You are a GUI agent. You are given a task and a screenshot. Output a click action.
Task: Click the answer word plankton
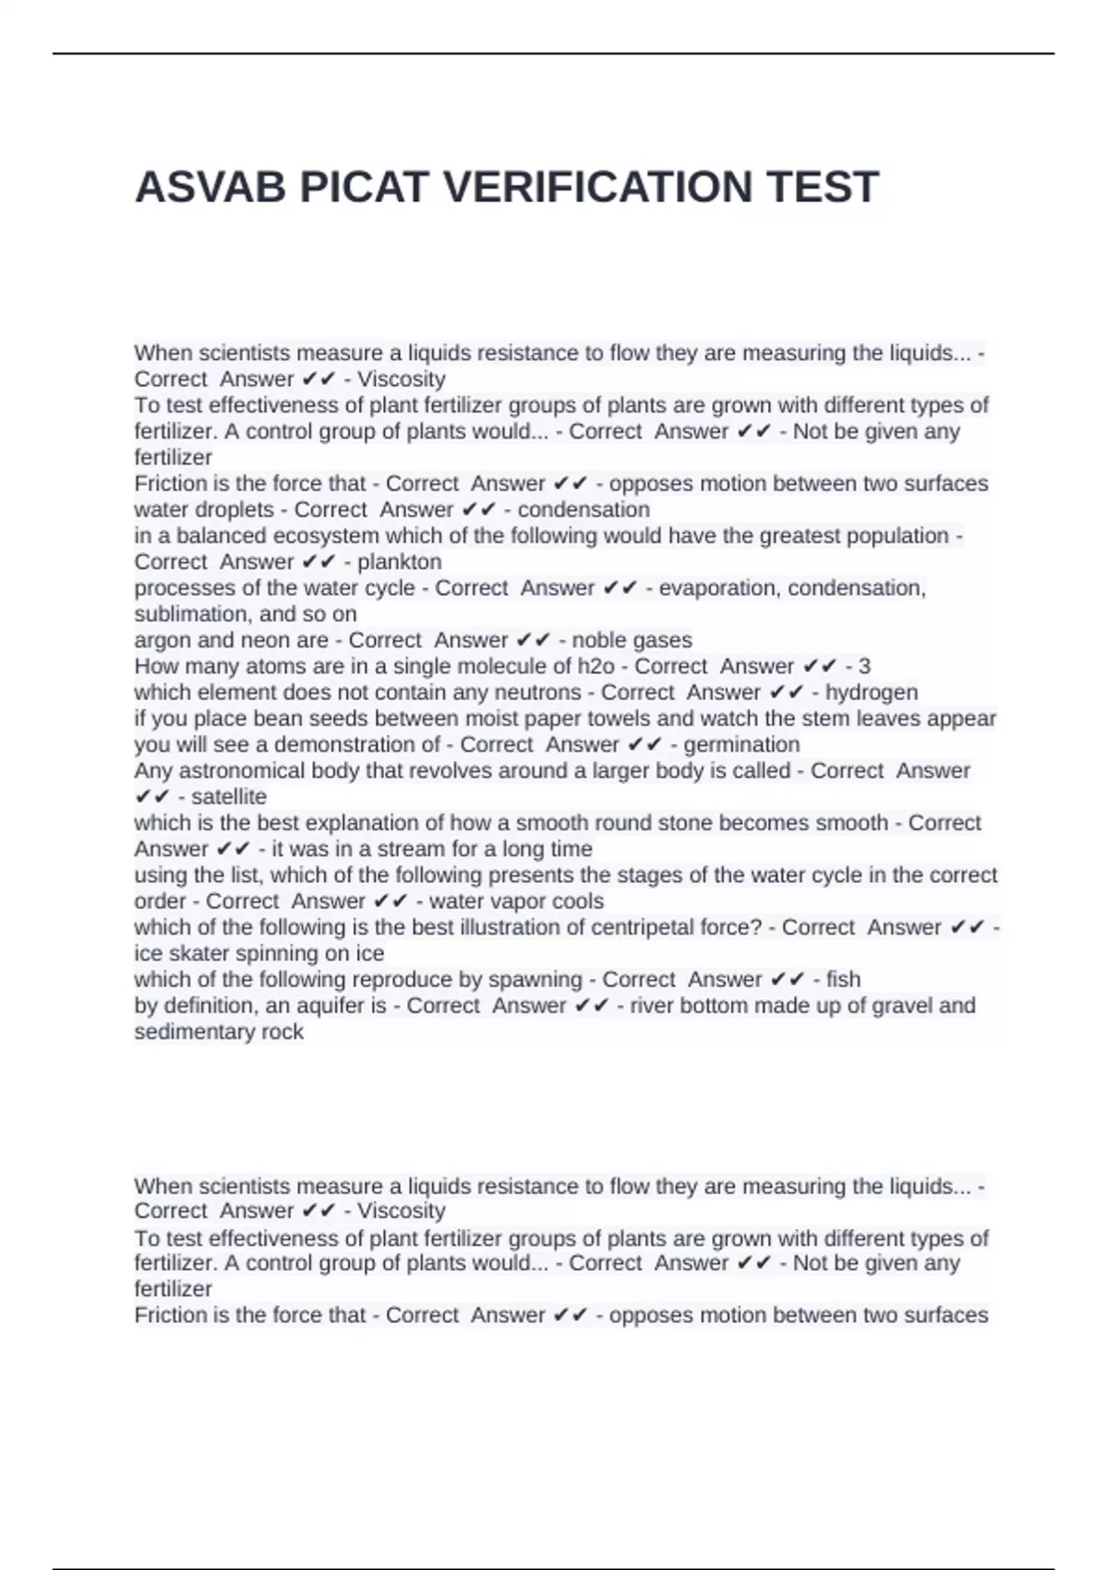[x=399, y=562]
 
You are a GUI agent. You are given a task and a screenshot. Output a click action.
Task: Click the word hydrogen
[x=871, y=693]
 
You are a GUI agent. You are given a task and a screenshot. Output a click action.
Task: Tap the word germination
[x=741, y=744]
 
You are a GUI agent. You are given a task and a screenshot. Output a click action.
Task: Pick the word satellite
[x=228, y=797]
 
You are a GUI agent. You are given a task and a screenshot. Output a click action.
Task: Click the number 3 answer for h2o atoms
[x=864, y=666]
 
